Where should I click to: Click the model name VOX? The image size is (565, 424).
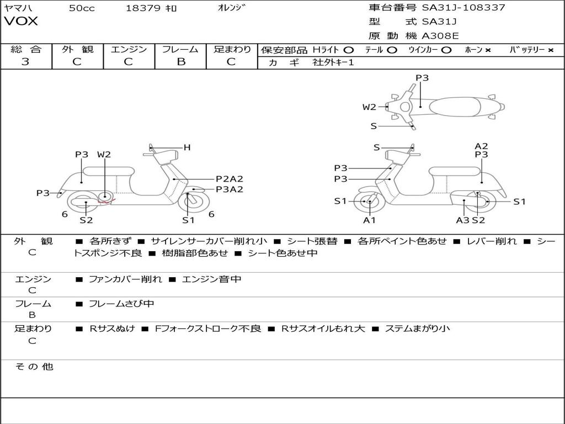(20, 21)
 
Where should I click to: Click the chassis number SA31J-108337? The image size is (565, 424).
(463, 7)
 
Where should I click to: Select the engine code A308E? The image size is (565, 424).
(440, 36)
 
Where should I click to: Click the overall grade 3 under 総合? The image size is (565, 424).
(25, 61)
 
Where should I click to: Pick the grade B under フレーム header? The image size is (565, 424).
(181, 61)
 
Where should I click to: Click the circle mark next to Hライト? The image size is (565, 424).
(349, 50)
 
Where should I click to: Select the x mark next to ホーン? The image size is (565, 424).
(488, 50)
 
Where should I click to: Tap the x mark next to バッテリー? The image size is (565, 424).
(550, 50)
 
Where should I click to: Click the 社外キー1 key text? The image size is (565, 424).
(333, 62)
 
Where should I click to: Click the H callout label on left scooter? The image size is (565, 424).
(186, 147)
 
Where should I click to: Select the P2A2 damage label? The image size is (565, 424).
(229, 179)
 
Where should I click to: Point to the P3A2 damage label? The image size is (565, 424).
(229, 189)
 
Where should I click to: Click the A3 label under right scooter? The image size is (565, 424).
(462, 220)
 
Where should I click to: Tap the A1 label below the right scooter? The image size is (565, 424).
(369, 220)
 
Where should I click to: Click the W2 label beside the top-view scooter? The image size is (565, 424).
(369, 107)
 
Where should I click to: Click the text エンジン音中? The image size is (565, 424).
(211, 279)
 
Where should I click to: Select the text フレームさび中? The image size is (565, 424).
(121, 304)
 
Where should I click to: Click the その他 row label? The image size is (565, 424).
(34, 367)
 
